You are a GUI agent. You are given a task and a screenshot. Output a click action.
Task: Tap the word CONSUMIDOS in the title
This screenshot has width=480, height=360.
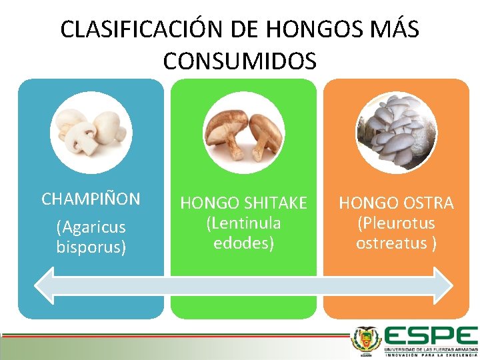tap(239, 61)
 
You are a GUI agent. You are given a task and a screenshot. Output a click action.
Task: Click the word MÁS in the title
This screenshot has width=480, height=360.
tap(389, 30)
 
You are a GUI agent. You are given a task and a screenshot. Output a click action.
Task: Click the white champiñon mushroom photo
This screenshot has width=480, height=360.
tap(91, 129)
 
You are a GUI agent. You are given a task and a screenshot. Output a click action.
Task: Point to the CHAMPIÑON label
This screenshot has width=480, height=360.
tap(91, 199)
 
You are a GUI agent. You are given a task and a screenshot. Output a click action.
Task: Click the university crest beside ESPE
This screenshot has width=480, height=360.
tap(366, 341)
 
